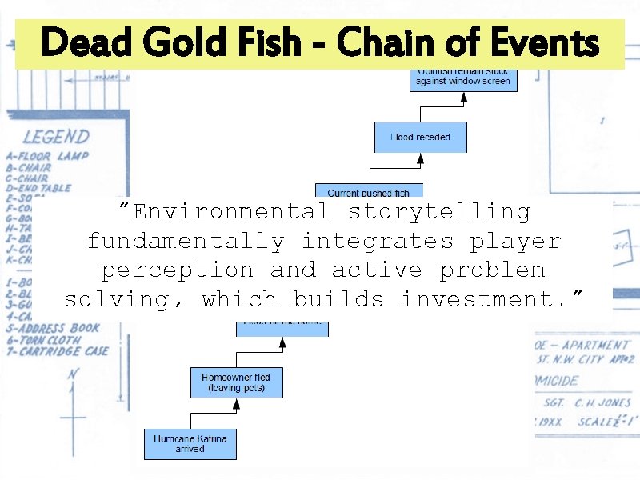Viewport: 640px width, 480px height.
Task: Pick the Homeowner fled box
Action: [x=236, y=382]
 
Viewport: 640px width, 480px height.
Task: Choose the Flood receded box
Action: [x=420, y=137]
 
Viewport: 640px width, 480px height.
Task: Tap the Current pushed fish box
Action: [x=369, y=192]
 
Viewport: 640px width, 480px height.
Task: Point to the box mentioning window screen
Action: [x=463, y=78]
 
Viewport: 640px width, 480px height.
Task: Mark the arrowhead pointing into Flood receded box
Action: [x=420, y=161]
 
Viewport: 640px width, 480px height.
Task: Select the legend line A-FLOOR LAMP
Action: [x=47, y=156]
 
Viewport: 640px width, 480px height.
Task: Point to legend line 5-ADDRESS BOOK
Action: [x=52, y=327]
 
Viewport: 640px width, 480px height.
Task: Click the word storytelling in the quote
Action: [x=439, y=212]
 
